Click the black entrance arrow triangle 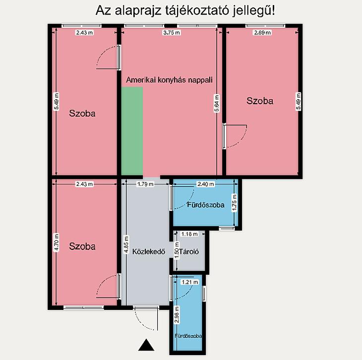[146, 345]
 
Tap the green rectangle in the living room [132, 131]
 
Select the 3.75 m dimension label [172, 33]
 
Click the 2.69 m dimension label [262, 33]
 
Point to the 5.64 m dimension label [217, 103]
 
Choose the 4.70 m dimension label [56, 242]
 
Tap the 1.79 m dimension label [145, 184]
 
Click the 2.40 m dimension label [205, 184]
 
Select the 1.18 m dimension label [189, 234]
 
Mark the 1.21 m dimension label [190, 282]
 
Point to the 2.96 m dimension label [177, 315]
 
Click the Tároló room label [189, 251]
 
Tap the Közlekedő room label [149, 251]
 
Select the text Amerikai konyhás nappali [169, 80]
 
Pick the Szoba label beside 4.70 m [82, 246]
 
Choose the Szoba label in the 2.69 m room [260, 101]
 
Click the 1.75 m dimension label [235, 203]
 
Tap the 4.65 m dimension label [126, 244]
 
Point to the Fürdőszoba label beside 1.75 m [205, 205]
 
